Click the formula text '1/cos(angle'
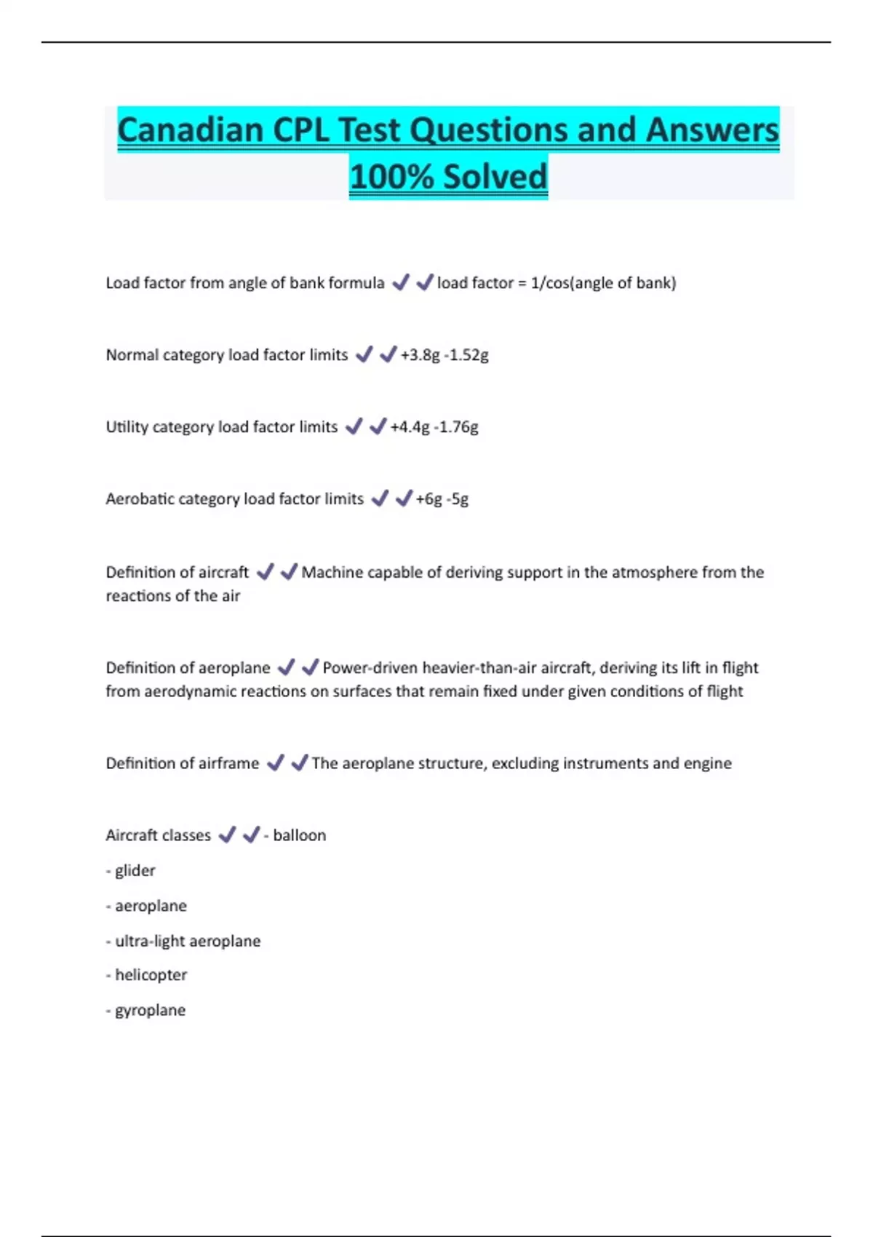(x=567, y=282)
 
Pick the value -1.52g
(x=466, y=355)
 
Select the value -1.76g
(x=456, y=427)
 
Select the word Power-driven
(x=370, y=668)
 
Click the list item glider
(x=135, y=870)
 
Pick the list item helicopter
(x=151, y=975)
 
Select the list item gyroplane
(x=150, y=1010)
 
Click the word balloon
(x=299, y=835)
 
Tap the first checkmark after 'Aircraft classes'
(x=227, y=835)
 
